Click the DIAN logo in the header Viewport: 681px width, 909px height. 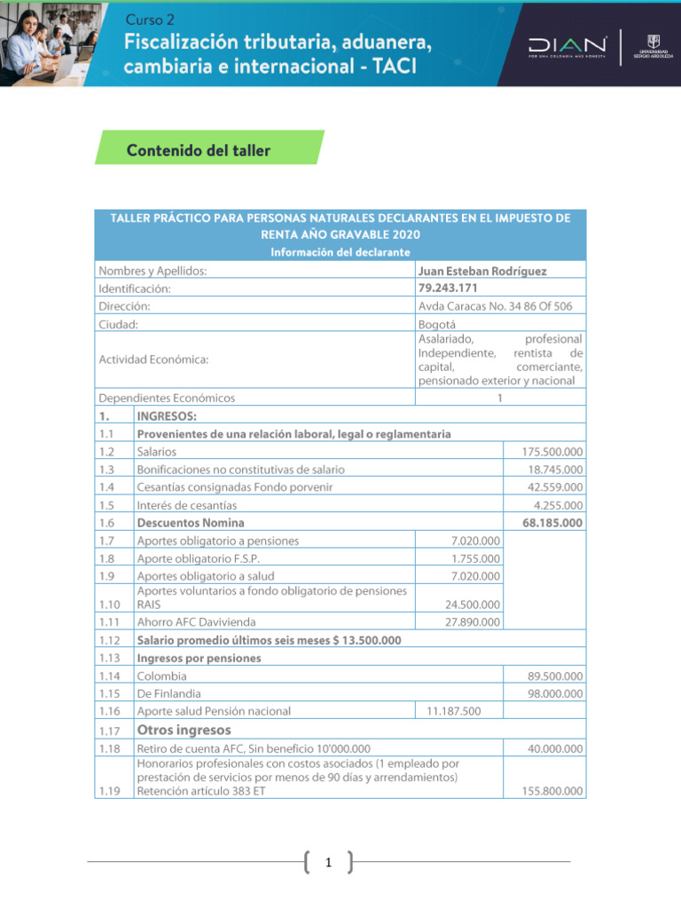coord(567,44)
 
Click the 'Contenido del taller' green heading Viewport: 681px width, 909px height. coord(199,151)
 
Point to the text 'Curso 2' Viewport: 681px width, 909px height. coord(151,19)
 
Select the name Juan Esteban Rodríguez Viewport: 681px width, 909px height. coord(482,271)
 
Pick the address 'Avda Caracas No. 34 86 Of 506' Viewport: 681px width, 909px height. coord(495,305)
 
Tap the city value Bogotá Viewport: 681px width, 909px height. coord(437,324)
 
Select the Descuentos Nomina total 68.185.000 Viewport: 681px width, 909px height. coord(552,523)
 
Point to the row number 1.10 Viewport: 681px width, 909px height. coord(109,604)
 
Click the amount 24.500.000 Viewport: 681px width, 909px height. coord(472,605)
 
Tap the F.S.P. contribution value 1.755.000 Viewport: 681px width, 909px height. coord(475,558)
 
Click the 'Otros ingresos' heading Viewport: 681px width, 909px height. coord(183,730)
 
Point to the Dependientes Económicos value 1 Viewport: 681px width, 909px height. coord(499,399)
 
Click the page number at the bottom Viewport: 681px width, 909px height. coord(328,862)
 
